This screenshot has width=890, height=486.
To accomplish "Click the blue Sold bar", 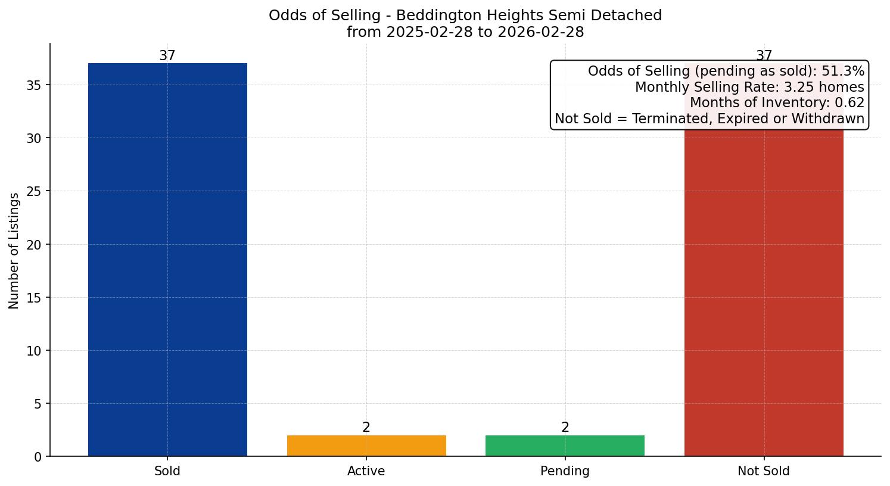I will [x=167, y=260].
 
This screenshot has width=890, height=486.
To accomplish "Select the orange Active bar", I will [x=366, y=445].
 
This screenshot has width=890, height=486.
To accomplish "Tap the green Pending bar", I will [x=565, y=445].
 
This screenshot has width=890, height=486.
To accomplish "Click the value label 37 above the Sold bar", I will [x=167, y=56].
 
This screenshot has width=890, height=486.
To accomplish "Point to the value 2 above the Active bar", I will [x=366, y=428].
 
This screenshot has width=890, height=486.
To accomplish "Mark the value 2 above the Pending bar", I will [x=565, y=428].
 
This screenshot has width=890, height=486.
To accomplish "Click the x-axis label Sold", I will [x=167, y=471].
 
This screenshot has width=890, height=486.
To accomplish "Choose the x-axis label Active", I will [x=366, y=471].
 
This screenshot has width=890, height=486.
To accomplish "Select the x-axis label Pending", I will [x=565, y=471].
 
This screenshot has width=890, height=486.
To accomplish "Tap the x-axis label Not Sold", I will [x=764, y=471].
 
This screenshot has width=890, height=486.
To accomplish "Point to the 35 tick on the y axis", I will [x=35, y=85].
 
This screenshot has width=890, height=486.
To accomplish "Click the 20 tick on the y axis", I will [x=35, y=245].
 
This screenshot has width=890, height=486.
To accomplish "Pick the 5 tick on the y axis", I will [x=38, y=404].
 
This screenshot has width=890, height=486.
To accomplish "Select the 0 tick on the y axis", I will [x=38, y=457].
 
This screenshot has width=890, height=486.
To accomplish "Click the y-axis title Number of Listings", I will [x=14, y=250].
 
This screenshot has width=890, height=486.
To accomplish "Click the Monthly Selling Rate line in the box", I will [x=749, y=87].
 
